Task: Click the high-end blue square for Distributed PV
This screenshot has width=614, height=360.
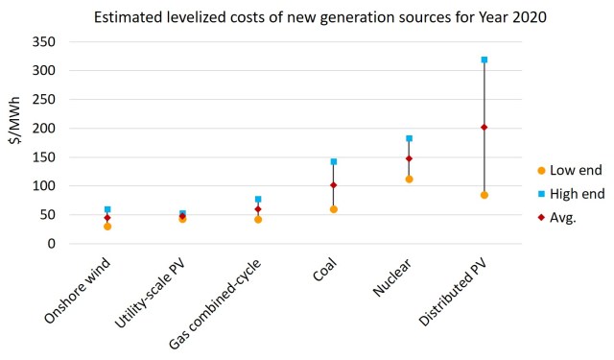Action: pos(484,60)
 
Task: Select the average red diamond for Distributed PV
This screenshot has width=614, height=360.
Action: pos(484,127)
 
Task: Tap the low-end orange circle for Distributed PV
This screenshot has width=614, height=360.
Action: pos(484,195)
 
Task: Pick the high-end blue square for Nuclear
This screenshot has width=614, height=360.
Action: pos(409,138)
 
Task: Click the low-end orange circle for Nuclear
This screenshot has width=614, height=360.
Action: pos(409,179)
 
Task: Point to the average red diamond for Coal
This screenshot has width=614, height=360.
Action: pos(334,185)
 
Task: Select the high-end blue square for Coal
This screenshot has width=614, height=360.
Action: pos(334,161)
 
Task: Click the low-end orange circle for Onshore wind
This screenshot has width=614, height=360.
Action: pos(107,227)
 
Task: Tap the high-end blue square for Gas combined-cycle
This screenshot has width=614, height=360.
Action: pos(258,199)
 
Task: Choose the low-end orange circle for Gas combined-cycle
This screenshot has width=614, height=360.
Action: pos(258,219)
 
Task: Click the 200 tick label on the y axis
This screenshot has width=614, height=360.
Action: pos(49,129)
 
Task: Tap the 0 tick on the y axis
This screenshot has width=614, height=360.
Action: pos(57,244)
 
